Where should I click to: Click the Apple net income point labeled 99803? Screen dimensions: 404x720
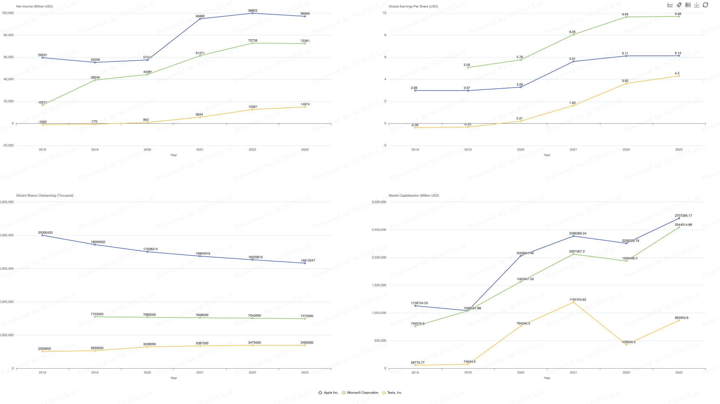coord(252,13)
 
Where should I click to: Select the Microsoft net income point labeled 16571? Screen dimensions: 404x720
coord(43,105)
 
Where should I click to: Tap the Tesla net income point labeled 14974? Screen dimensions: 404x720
coord(305,107)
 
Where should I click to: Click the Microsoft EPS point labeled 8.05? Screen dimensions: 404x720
coord(573,34)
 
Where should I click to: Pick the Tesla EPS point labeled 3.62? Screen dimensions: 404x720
coord(626,83)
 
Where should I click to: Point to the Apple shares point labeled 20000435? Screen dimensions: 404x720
coord(43,235)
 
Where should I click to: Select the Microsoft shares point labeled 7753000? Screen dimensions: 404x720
coord(95,317)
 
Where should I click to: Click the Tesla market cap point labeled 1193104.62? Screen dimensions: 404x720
coord(573,302)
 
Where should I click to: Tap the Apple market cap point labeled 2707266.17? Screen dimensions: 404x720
coord(679,218)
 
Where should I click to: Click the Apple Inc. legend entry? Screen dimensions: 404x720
coord(328,393)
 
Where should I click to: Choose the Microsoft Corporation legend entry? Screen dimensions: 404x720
coord(360,393)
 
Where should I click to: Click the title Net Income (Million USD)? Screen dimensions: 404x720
coord(34,6)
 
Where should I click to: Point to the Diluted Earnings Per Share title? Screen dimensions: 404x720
coord(413,6)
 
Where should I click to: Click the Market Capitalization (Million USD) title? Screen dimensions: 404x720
coord(414,196)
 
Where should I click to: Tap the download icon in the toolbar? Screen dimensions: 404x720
coord(697,5)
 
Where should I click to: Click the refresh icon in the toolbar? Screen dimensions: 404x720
coord(705,5)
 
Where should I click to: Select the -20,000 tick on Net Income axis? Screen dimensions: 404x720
coord(8,145)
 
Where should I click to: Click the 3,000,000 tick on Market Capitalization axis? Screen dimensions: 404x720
coord(379,202)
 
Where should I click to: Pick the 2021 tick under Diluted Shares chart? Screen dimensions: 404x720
coord(200,373)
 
